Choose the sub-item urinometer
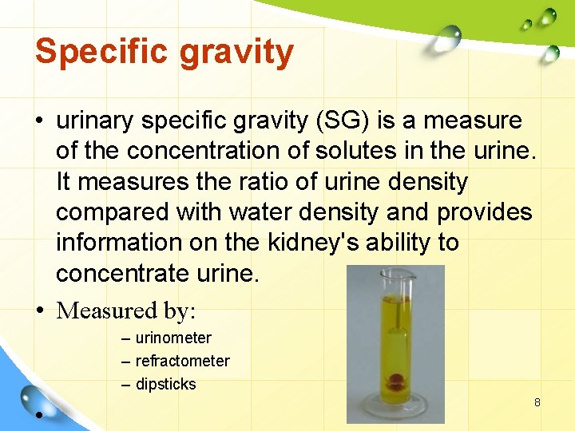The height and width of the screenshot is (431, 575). click(173, 338)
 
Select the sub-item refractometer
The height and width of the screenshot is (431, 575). click(182, 362)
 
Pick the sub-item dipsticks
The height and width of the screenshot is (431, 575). click(165, 385)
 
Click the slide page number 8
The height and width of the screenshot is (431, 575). click(537, 402)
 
